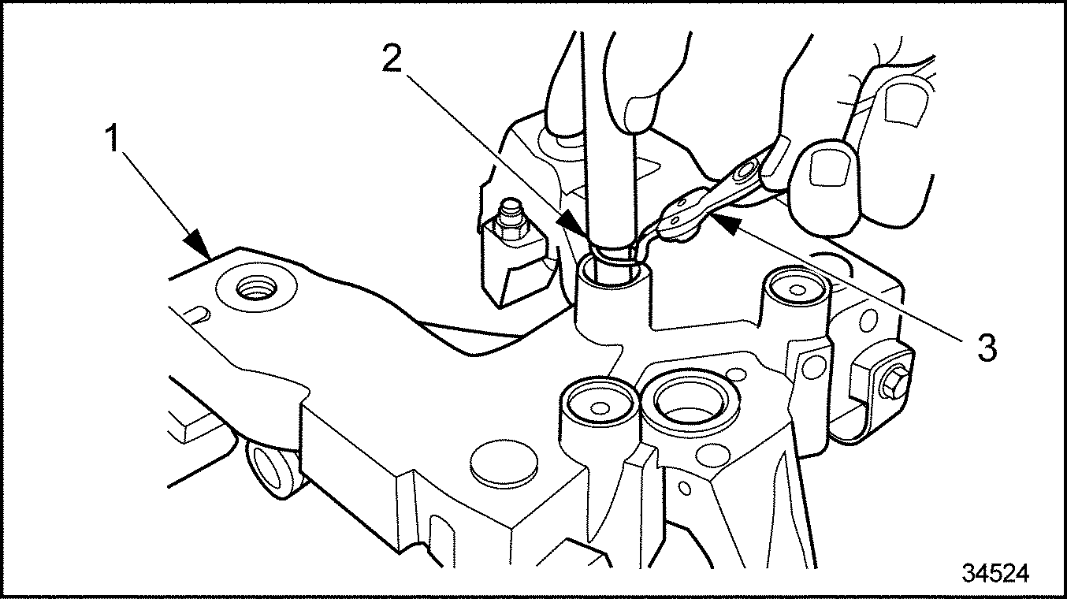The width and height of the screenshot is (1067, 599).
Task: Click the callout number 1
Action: [113, 138]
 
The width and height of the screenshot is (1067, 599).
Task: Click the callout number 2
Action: [392, 58]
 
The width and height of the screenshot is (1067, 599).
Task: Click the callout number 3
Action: [987, 348]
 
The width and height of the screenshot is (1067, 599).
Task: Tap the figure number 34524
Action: [995, 573]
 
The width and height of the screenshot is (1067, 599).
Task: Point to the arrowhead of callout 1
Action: [199, 245]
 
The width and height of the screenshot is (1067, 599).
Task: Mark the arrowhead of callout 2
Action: [574, 224]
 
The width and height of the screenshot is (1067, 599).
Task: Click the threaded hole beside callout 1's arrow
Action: [257, 288]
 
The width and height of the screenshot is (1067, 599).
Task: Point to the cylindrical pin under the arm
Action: [272, 470]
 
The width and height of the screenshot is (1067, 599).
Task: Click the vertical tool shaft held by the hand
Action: [612, 143]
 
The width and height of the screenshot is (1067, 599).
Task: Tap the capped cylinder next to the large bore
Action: [600, 405]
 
